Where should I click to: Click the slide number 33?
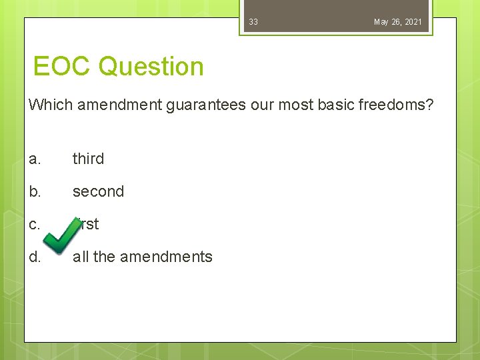pos(253,22)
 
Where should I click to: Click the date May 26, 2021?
pos(397,22)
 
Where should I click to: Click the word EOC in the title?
pos(63,67)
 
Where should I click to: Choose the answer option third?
pos(88,159)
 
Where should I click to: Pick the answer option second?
pos(98,191)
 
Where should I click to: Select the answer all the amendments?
pos(142,257)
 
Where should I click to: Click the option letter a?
pos(35,159)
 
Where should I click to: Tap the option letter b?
pos(35,191)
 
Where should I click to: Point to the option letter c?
pos(35,224)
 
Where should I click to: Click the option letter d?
pos(35,257)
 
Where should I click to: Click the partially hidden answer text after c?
pos(89,224)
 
